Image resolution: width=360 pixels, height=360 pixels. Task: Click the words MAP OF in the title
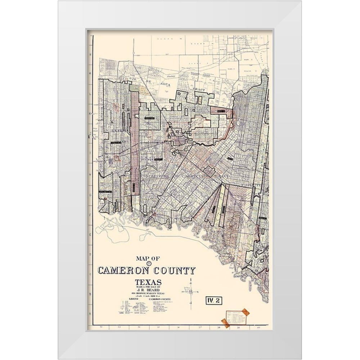click(147, 258)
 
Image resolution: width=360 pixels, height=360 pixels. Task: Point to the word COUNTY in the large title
click(174, 271)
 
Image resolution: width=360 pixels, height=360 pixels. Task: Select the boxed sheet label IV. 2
click(213, 300)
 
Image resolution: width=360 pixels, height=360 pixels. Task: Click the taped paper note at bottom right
click(235, 318)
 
